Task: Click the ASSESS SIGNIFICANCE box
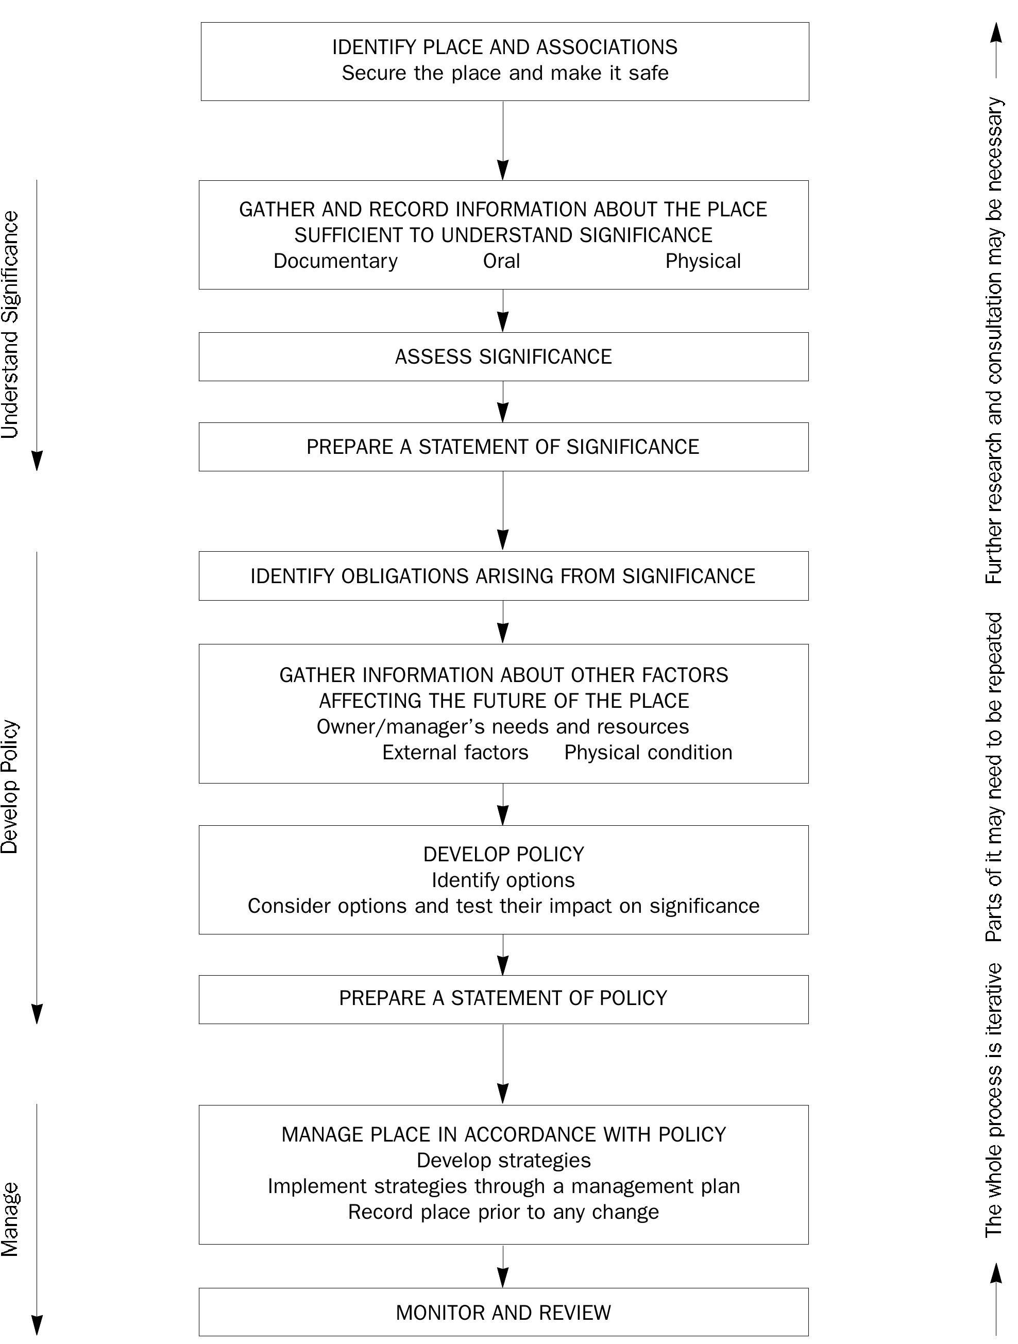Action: tap(503, 356)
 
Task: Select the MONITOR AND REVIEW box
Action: tap(503, 1313)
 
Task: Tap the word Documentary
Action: tap(335, 261)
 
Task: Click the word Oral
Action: tap(501, 261)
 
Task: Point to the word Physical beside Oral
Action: tap(703, 261)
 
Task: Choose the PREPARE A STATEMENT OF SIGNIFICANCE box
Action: tap(503, 447)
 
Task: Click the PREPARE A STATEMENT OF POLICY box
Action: tap(503, 998)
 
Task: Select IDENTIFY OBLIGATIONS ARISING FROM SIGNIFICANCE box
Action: tap(503, 576)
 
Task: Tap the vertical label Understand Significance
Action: tap(11, 325)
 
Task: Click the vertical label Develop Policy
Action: tap(11, 787)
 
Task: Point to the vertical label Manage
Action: tap(11, 1220)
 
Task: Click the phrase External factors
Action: tap(455, 753)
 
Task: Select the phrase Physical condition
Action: tap(648, 753)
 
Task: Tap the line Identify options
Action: tap(503, 880)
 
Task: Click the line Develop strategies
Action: tap(503, 1161)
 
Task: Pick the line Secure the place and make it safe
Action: tap(504, 74)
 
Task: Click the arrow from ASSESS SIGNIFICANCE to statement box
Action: tap(503, 402)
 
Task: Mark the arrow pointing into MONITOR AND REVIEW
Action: tap(503, 1266)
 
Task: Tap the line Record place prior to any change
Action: tap(503, 1212)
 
